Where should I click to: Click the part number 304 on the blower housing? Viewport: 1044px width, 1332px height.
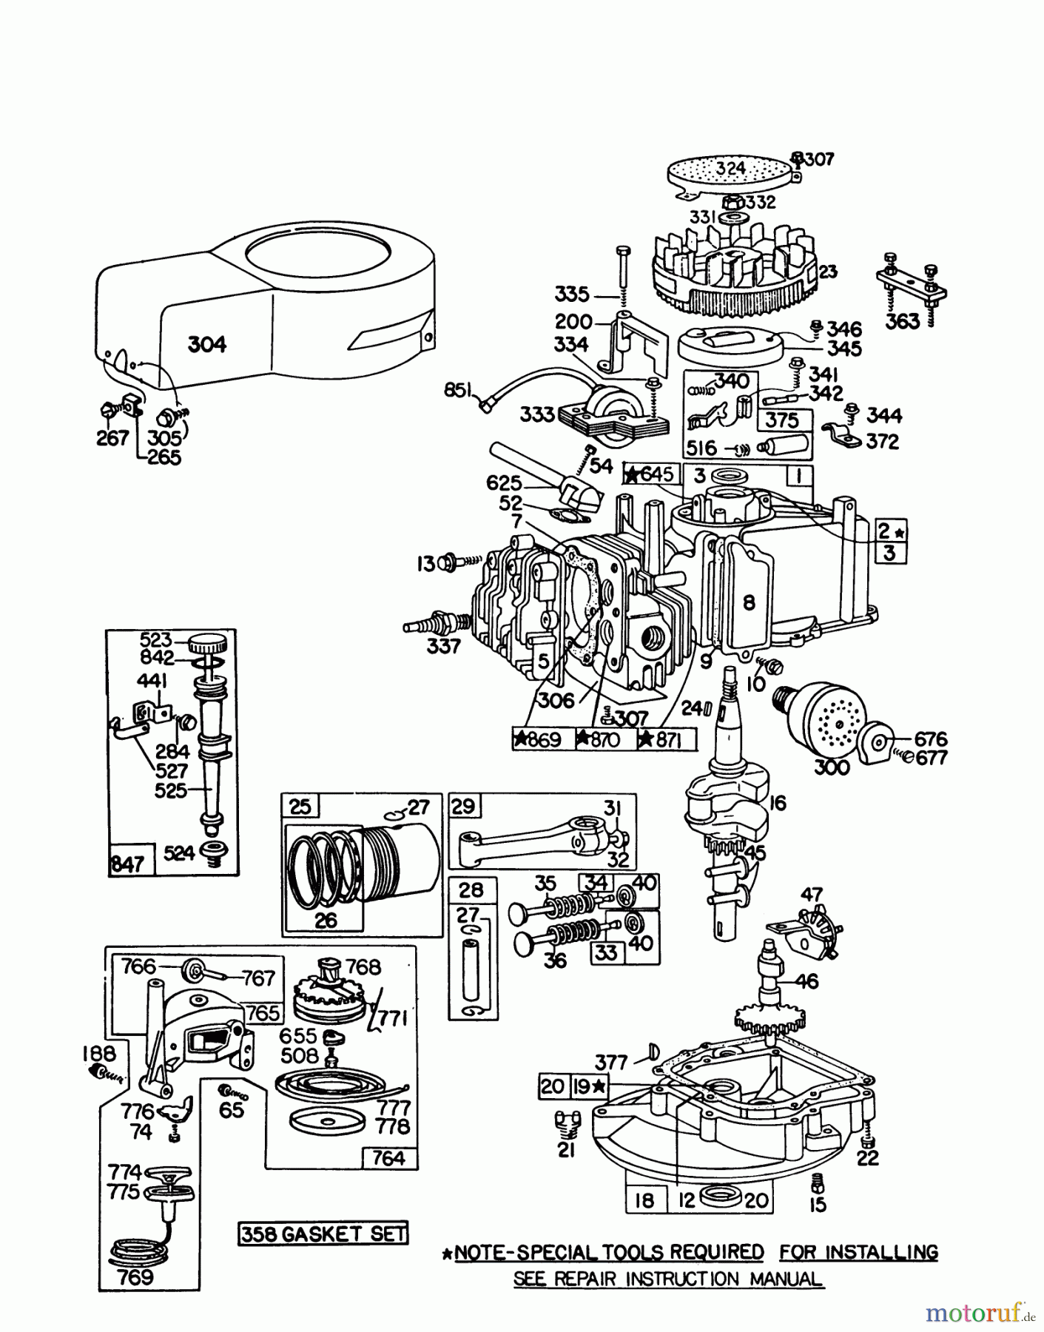[206, 344]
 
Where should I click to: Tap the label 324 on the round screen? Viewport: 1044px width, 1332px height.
[730, 168]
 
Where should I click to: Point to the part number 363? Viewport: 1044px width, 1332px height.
[903, 321]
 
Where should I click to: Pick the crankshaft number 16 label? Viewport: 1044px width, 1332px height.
[778, 803]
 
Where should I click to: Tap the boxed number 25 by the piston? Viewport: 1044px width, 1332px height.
[300, 806]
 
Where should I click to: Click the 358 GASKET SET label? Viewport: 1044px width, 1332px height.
[323, 1234]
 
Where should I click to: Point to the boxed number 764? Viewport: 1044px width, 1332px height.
[388, 1157]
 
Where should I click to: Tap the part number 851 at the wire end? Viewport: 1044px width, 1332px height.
[457, 389]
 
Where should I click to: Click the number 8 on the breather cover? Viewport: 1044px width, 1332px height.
[749, 603]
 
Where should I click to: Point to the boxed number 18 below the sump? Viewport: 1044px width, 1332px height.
[645, 1200]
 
